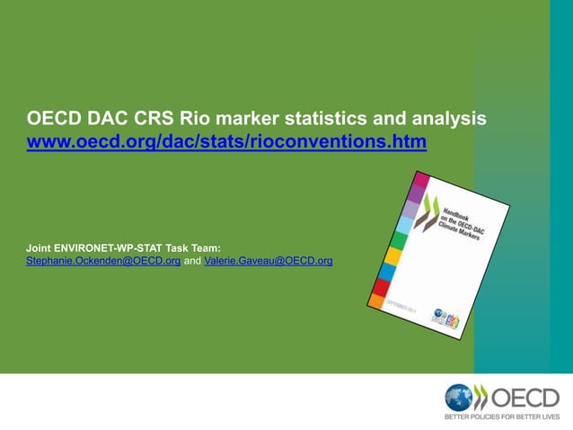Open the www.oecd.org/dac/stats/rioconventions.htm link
(x=226, y=142)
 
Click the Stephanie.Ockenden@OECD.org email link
(x=103, y=261)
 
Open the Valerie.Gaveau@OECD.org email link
(x=269, y=261)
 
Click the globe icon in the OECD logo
(x=459, y=398)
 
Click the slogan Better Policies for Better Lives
(x=502, y=417)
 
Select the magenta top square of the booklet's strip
(x=416, y=192)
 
